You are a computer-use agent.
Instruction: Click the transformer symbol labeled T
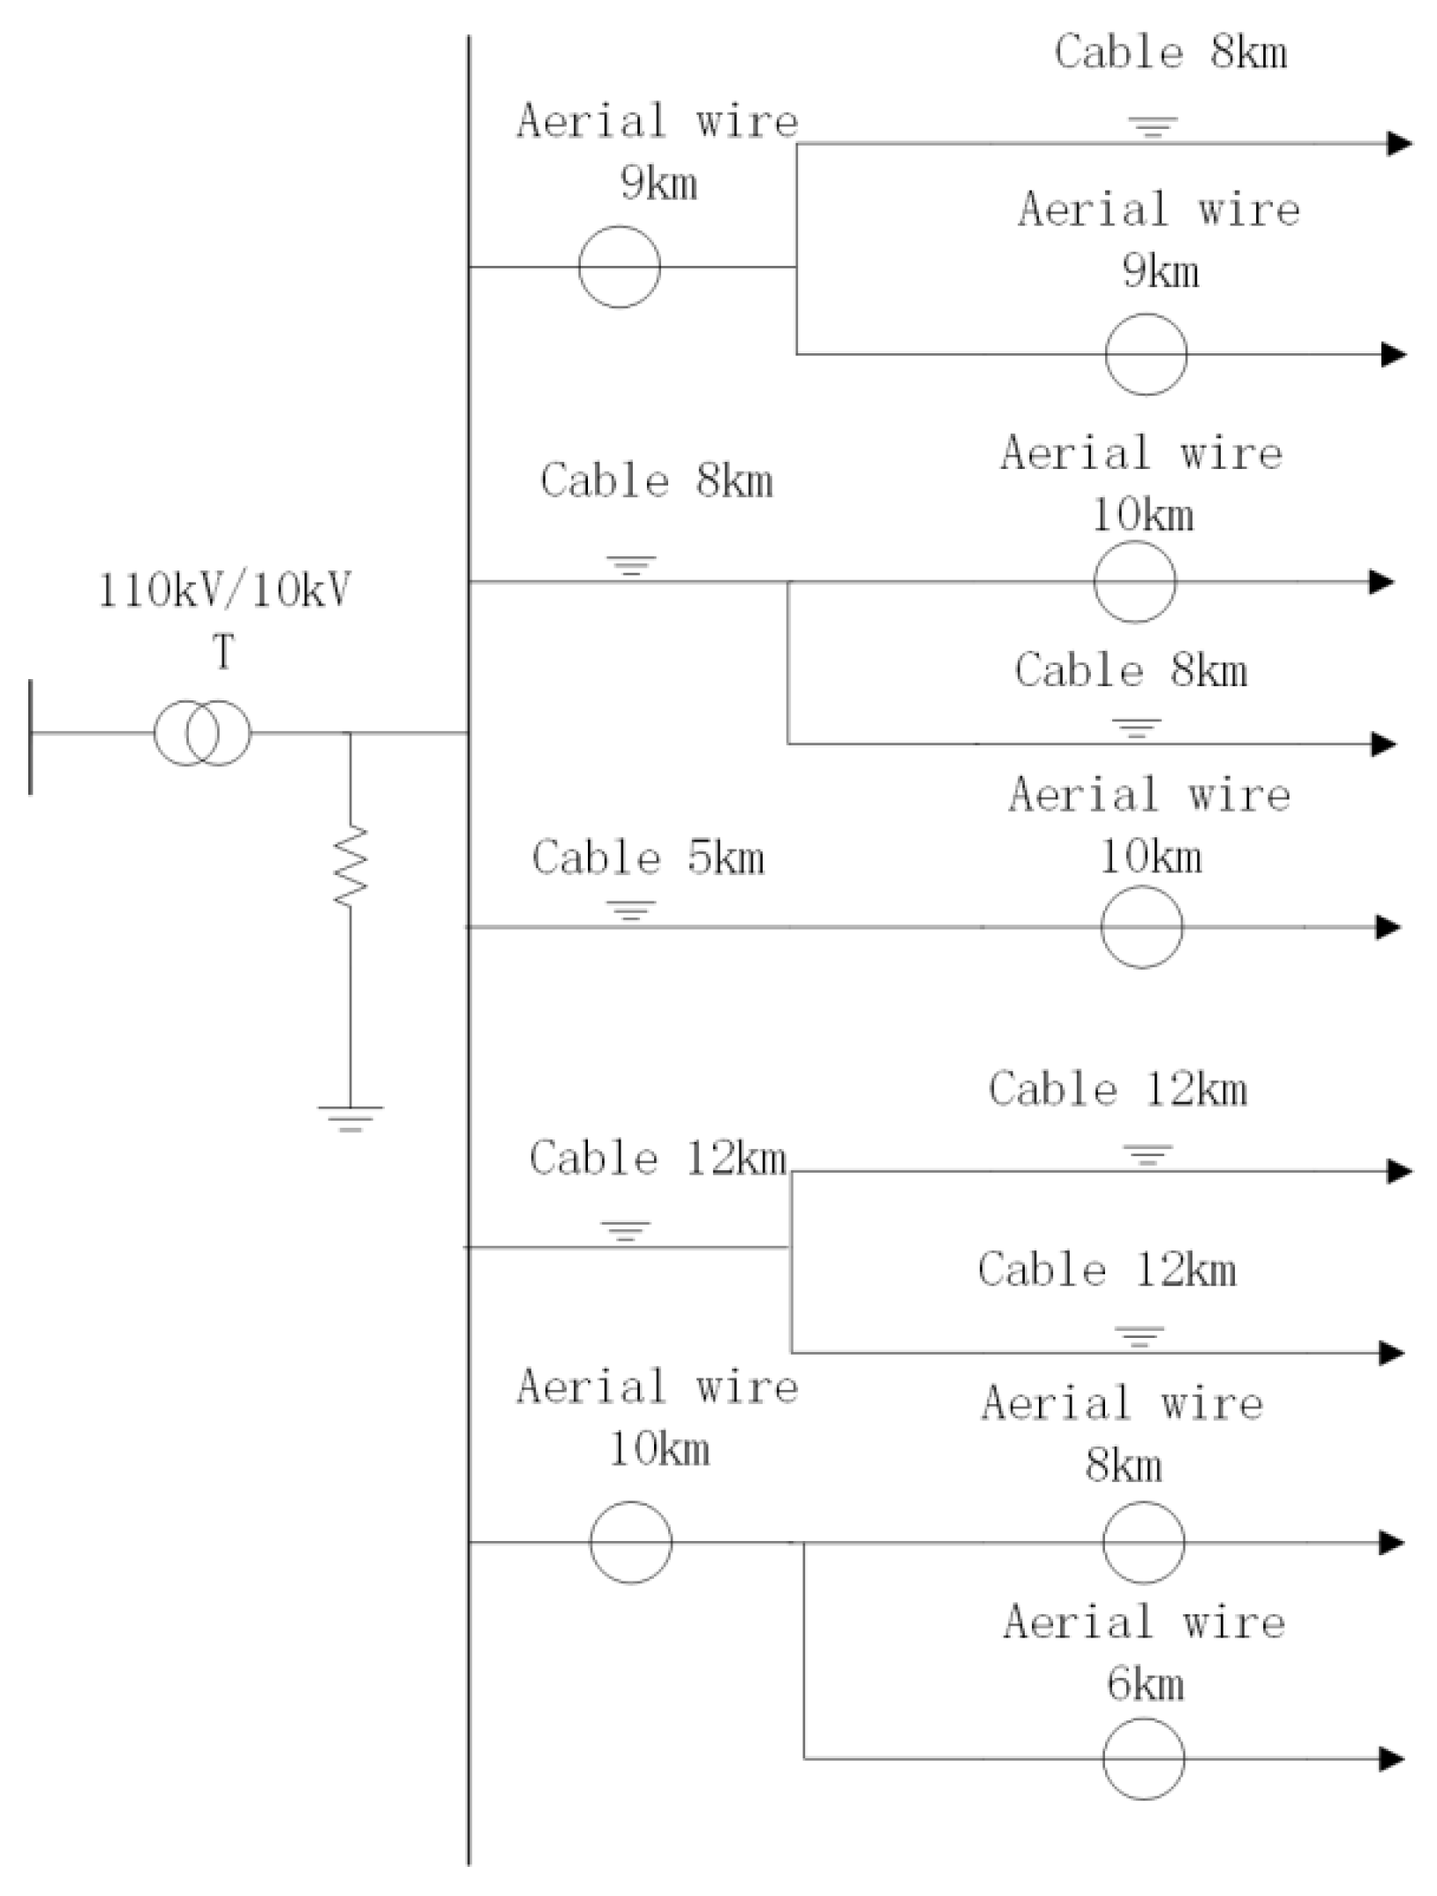(202, 732)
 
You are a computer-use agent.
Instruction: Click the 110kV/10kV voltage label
(224, 590)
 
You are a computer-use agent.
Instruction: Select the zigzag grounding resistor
(350, 865)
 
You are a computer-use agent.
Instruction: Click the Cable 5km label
(648, 857)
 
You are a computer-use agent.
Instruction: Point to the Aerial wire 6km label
(1144, 1652)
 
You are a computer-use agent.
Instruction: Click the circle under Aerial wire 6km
(1143, 1758)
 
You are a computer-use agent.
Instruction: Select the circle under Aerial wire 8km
(1143, 1543)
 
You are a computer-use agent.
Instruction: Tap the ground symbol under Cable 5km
(630, 910)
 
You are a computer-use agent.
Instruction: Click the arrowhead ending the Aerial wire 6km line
(1393, 1759)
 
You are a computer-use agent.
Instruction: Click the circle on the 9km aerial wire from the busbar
(619, 267)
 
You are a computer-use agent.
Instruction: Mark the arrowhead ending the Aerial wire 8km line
(1393, 1543)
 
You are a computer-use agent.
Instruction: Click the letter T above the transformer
(223, 653)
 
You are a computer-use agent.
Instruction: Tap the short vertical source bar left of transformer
(31, 736)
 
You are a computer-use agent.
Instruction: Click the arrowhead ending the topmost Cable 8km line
(1399, 143)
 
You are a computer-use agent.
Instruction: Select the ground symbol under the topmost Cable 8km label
(1155, 127)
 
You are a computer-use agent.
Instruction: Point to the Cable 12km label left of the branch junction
(658, 1159)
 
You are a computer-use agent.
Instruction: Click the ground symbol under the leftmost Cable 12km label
(626, 1230)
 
